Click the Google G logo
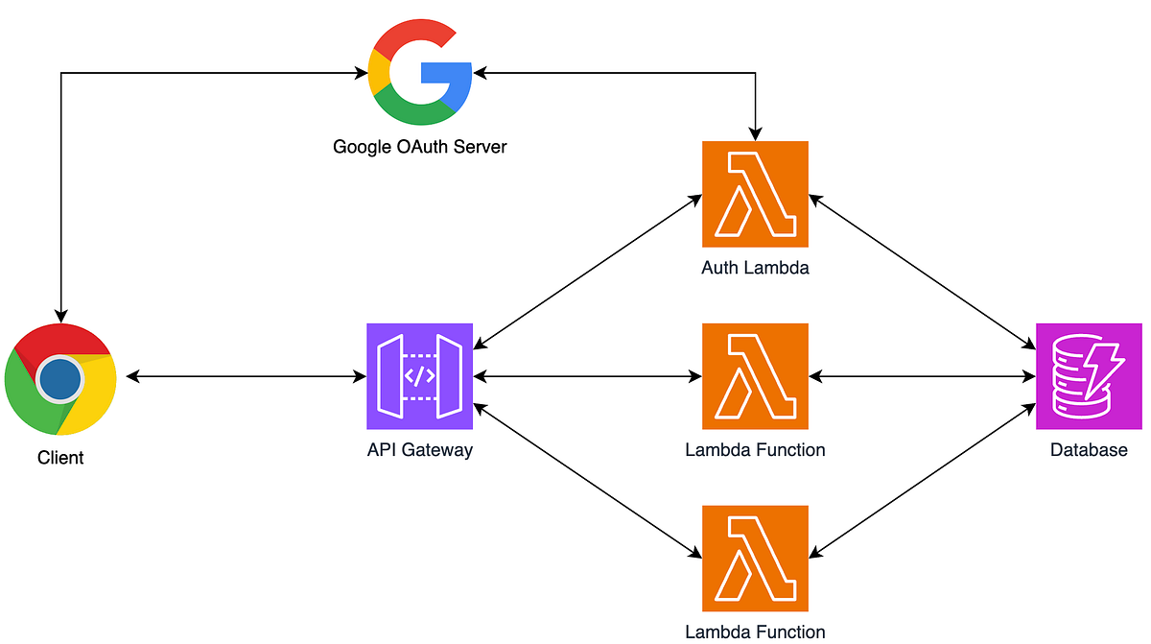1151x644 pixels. tap(419, 74)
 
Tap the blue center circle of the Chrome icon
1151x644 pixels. tap(59, 378)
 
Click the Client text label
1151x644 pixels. tap(60, 458)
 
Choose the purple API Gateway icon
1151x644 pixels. tap(419, 376)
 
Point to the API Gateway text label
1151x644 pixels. tap(419, 449)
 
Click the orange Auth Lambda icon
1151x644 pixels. tap(755, 194)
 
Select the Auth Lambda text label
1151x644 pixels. tap(755, 268)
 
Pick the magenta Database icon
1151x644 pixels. tap(1089, 376)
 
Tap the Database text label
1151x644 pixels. tap(1089, 449)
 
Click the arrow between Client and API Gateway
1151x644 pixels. tap(246, 377)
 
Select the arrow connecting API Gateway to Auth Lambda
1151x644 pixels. tap(587, 271)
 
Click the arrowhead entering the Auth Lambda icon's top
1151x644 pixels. tap(756, 133)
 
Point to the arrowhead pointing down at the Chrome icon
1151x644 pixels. tap(60, 314)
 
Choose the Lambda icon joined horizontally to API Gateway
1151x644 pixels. tap(755, 376)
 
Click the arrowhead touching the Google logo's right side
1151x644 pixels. tap(481, 73)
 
